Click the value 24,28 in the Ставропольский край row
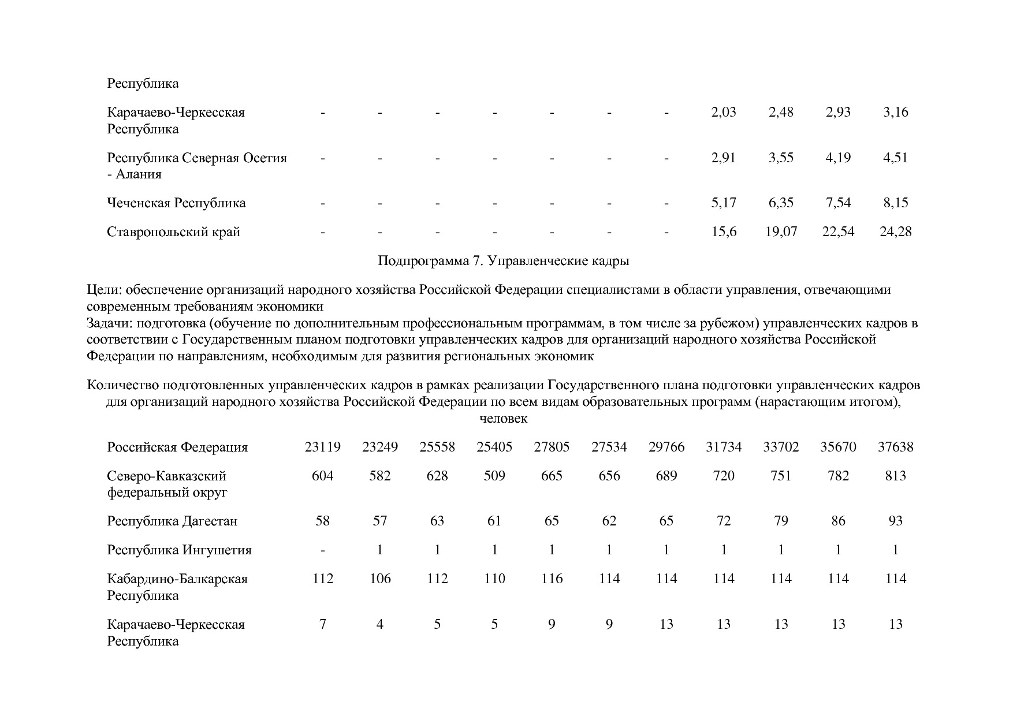895,232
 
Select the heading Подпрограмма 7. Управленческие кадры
503,261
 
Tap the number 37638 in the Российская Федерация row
895,447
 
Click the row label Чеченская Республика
176,203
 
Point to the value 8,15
895,203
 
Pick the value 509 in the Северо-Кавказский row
494,476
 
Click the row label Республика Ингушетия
179,550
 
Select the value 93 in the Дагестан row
895,521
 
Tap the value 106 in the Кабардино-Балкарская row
380,579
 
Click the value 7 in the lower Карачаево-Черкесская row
322,624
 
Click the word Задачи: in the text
109,323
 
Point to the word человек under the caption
504,419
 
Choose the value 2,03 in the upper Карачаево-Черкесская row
724,112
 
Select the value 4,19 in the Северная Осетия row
838,158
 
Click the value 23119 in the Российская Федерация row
322,447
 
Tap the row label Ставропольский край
173,232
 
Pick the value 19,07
781,232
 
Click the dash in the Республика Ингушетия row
322,550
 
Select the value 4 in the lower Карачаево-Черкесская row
380,624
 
